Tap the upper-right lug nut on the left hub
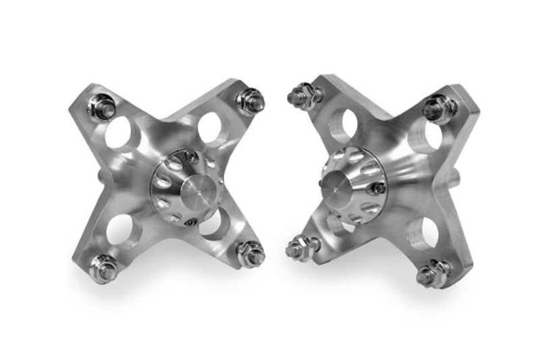click(250, 101)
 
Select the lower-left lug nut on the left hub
click(103, 267)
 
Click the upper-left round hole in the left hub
click(121, 133)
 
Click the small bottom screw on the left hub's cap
click(192, 221)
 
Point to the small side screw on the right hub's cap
click(379, 188)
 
